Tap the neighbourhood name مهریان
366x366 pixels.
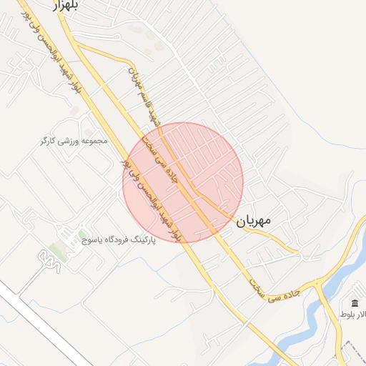[253, 221]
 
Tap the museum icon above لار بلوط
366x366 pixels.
[355, 303]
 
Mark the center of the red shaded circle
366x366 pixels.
[183, 182]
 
